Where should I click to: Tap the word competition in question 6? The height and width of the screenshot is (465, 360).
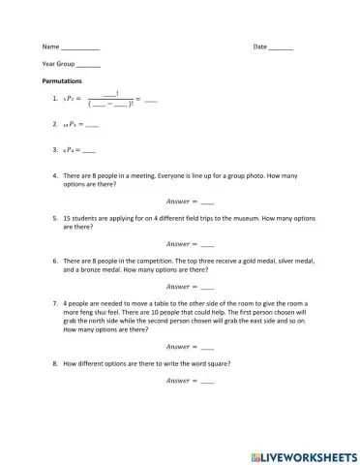click(x=140, y=261)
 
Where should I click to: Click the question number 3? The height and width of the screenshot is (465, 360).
click(x=45, y=150)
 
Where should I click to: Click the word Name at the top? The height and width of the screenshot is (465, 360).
click(x=49, y=47)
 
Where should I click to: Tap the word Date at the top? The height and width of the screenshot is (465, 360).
click(x=259, y=47)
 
